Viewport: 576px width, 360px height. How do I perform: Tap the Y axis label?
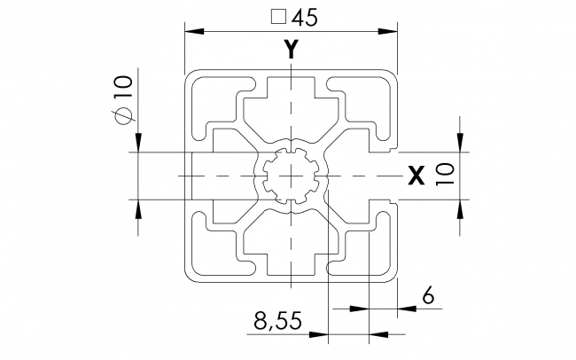point(290,51)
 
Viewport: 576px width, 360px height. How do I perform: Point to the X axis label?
point(414,176)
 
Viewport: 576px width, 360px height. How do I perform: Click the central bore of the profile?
point(290,176)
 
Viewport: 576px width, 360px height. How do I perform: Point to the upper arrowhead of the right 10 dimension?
point(459,143)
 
